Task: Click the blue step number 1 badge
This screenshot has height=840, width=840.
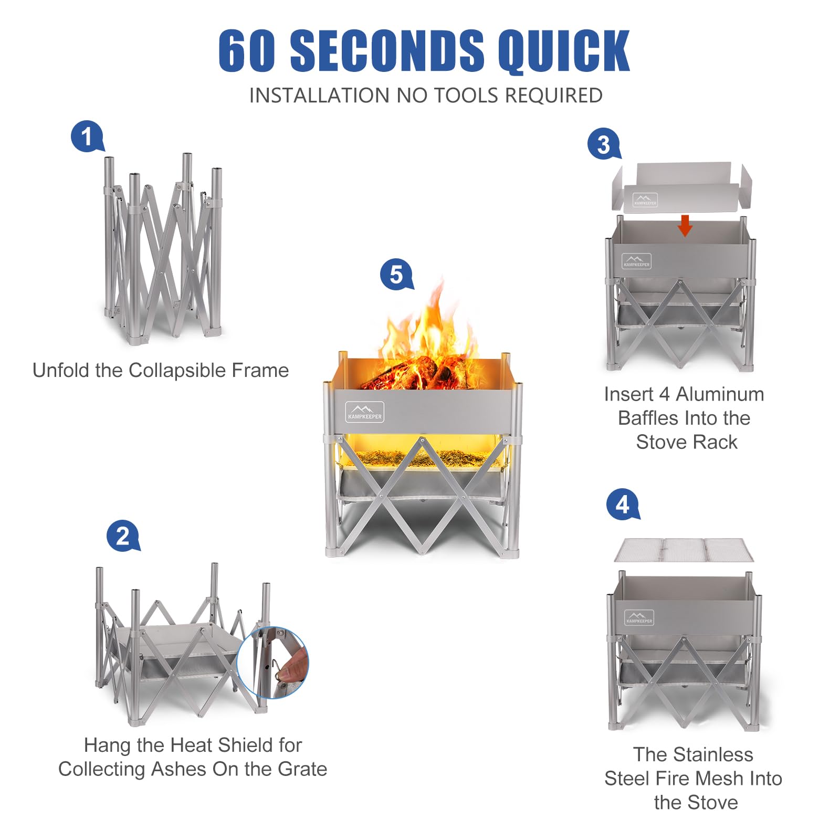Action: click(87, 136)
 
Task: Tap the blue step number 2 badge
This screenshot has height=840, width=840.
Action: click(122, 535)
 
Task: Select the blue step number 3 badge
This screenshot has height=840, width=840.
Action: click(603, 144)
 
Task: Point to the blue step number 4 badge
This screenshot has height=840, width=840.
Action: click(622, 505)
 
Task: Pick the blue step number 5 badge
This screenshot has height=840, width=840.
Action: click(396, 274)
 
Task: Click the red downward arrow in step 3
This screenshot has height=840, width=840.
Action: click(685, 225)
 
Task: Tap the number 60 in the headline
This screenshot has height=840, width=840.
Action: click(247, 51)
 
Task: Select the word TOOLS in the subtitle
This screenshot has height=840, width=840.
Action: click(465, 96)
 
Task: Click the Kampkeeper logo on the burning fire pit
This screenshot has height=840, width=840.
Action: click(365, 412)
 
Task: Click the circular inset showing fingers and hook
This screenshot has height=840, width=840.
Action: click(272, 663)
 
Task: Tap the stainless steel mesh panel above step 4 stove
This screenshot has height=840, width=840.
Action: click(684, 550)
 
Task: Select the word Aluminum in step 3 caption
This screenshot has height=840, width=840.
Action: click(720, 394)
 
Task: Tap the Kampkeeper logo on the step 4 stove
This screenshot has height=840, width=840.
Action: click(639, 617)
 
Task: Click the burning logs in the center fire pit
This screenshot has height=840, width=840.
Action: click(415, 374)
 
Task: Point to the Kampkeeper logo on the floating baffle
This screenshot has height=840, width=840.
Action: click(645, 200)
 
